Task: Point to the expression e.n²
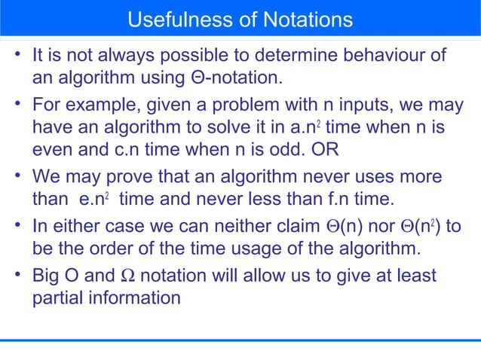point(95,200)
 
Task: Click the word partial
point(58,297)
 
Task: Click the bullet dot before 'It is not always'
point(17,56)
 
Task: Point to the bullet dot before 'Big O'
point(17,276)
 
